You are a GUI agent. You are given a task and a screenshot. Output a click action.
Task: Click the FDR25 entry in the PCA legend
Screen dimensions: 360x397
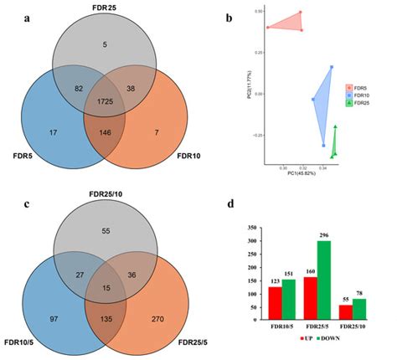pos(362,109)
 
